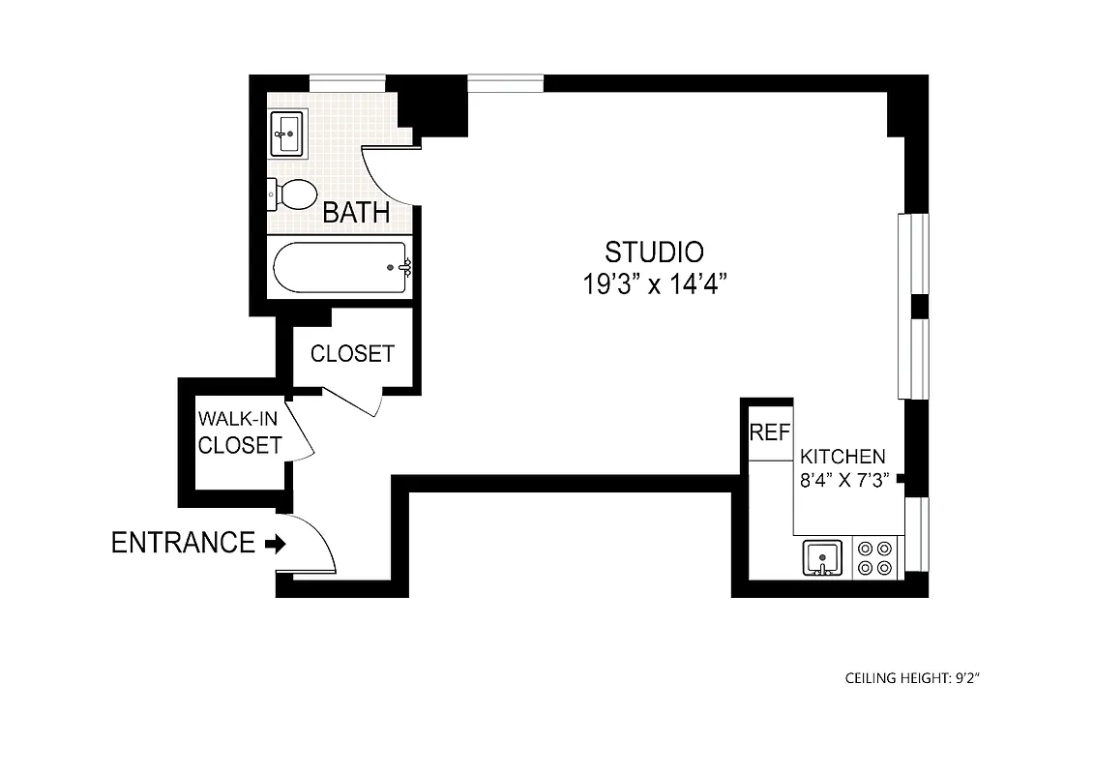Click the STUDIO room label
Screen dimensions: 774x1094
tap(654, 253)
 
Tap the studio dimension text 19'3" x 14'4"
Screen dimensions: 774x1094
tap(654, 284)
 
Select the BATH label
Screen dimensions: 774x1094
tap(356, 213)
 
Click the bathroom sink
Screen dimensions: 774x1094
tap(287, 134)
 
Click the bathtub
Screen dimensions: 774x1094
tap(339, 267)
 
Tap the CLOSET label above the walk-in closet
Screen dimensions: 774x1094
tap(352, 354)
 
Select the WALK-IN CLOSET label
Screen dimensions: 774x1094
tap(240, 432)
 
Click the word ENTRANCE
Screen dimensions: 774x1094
tap(183, 543)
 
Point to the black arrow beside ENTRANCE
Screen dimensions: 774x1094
tap(276, 545)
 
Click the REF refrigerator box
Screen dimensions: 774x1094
tap(770, 432)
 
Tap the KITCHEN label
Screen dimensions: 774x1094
tap(842, 457)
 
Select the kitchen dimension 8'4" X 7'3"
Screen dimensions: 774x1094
tap(842, 480)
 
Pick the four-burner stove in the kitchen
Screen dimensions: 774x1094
tap(875, 559)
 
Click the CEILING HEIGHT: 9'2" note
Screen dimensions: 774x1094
tap(913, 678)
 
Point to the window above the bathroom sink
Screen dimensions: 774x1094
tap(346, 83)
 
